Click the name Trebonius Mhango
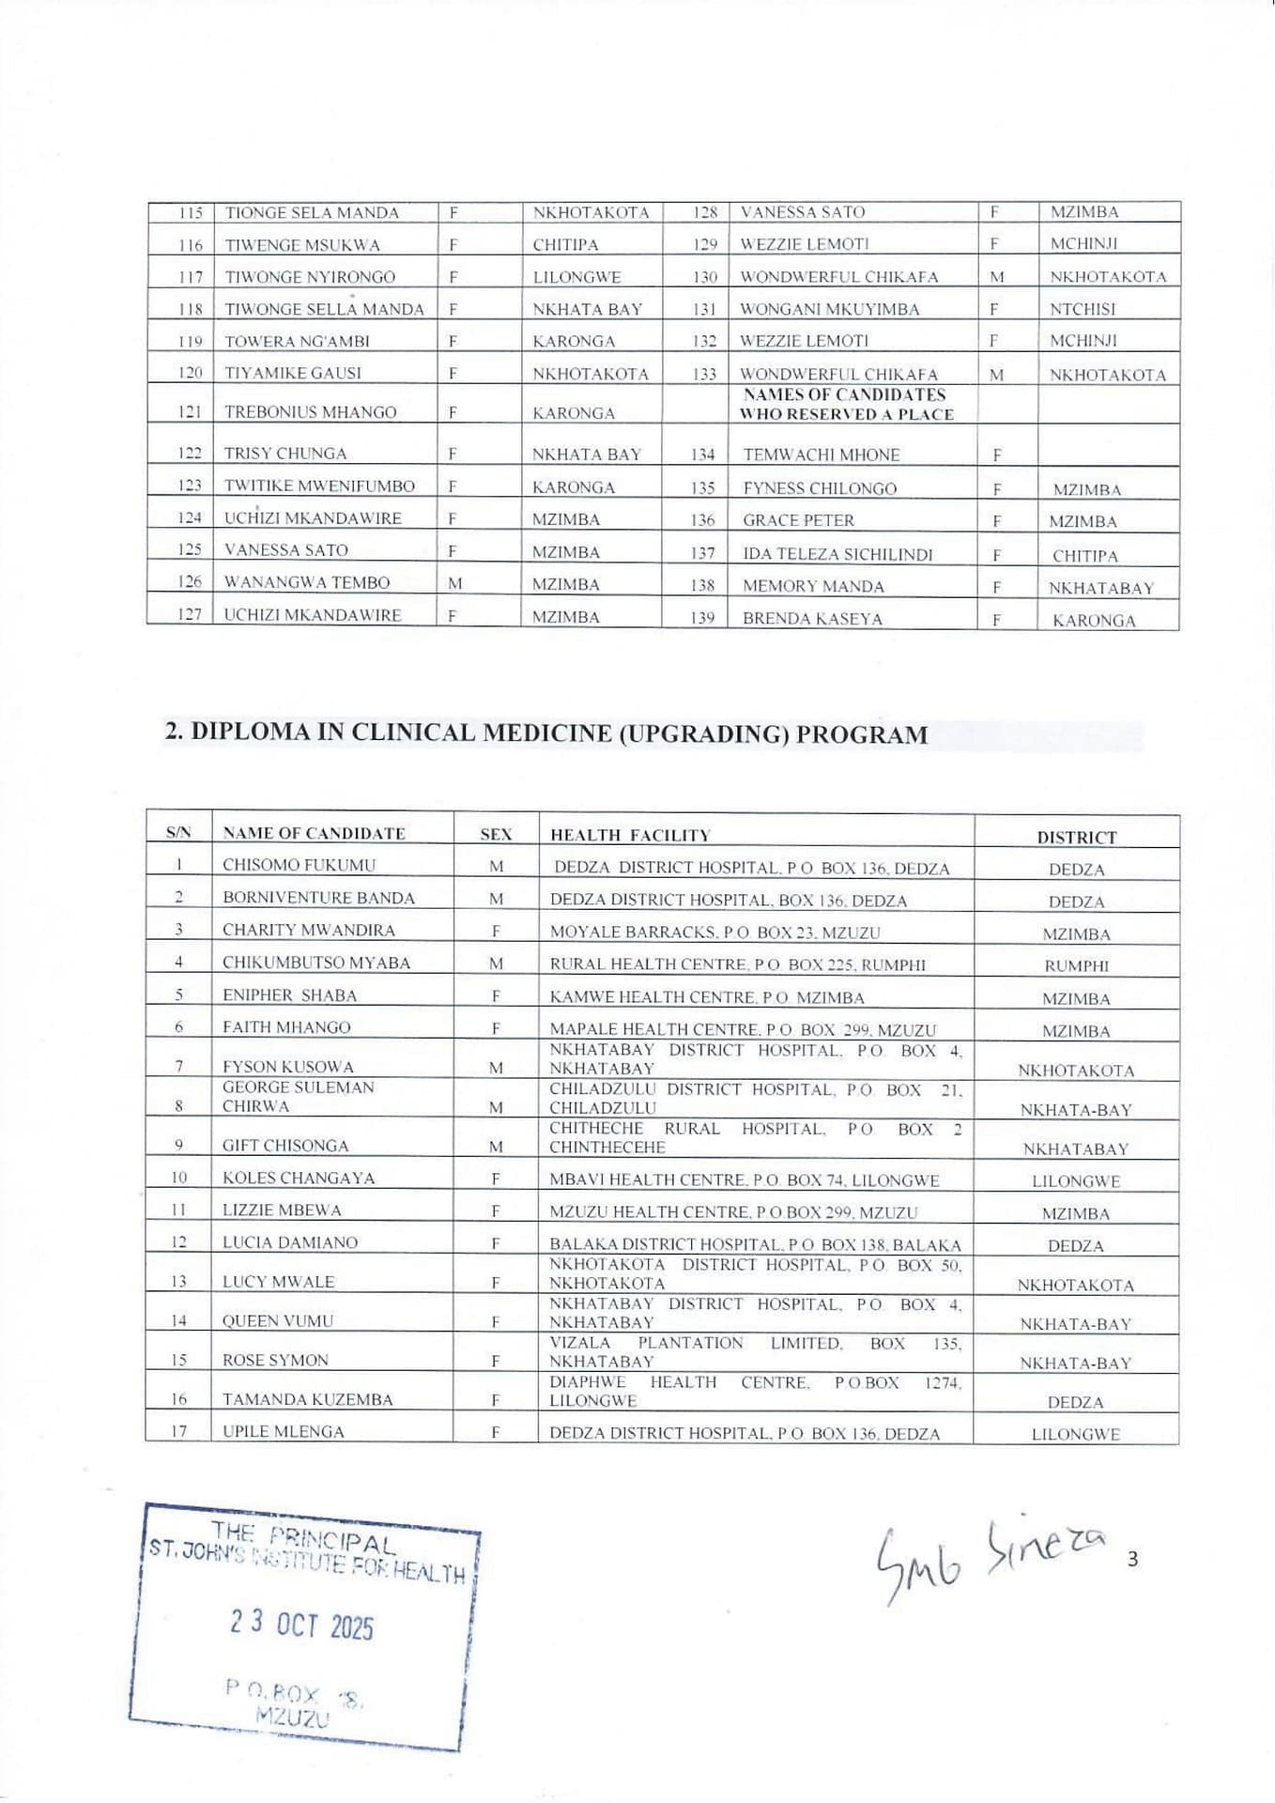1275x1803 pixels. [310, 412]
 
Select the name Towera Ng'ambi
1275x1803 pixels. [297, 341]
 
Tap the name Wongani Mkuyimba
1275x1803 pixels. [829, 309]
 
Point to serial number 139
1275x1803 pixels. [702, 618]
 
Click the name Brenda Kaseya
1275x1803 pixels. [812, 619]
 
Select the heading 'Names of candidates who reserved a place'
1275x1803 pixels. [845, 405]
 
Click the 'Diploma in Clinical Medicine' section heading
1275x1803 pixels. [546, 733]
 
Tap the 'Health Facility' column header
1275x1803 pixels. [630, 835]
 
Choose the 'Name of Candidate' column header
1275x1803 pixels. [314, 833]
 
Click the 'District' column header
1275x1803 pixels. [1076, 837]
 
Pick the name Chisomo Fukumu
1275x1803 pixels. [299, 865]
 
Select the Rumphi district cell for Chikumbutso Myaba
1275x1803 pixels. [1076, 965]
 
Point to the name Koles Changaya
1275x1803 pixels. [298, 1178]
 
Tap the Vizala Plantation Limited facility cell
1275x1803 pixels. [755, 1352]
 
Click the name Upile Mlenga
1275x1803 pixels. [283, 1431]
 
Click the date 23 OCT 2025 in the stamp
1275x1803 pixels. [301, 1624]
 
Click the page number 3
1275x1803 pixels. [1132, 1560]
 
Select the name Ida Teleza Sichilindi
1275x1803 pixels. [837, 554]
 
